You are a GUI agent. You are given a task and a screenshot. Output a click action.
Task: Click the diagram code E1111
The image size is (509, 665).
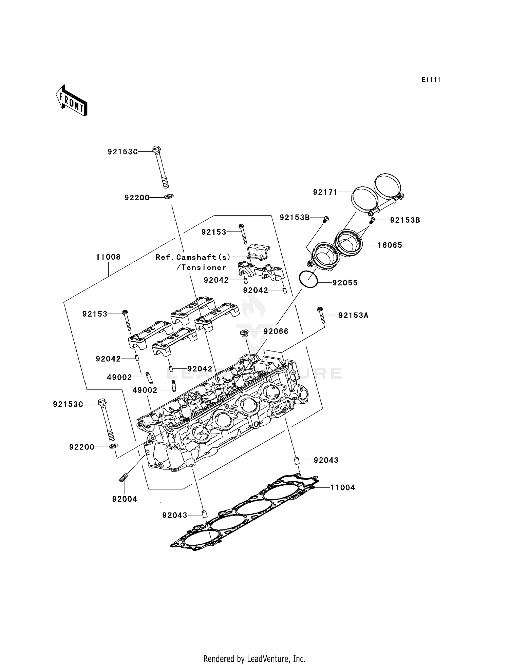(x=431, y=80)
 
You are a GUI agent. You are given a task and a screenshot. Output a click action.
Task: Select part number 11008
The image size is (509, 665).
(x=108, y=257)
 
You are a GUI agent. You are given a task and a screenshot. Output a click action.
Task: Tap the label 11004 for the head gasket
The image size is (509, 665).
(x=343, y=487)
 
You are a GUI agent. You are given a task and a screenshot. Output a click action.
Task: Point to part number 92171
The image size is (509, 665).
(x=325, y=192)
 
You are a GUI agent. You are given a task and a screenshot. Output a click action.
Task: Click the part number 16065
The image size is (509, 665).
(x=390, y=245)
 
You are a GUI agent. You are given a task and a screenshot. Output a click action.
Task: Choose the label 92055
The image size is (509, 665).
(x=345, y=283)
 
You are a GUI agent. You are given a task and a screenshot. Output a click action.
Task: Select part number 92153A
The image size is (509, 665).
(x=353, y=315)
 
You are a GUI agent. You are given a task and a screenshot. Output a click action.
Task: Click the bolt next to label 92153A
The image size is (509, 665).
(x=321, y=315)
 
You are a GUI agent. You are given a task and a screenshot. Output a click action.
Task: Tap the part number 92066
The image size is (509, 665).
(x=276, y=331)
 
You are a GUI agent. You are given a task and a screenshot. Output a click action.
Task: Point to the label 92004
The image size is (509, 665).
(x=125, y=499)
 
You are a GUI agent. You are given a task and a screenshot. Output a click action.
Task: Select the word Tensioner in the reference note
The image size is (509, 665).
(x=204, y=267)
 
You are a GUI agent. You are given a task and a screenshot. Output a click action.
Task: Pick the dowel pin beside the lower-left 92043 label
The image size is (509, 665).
(x=204, y=514)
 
